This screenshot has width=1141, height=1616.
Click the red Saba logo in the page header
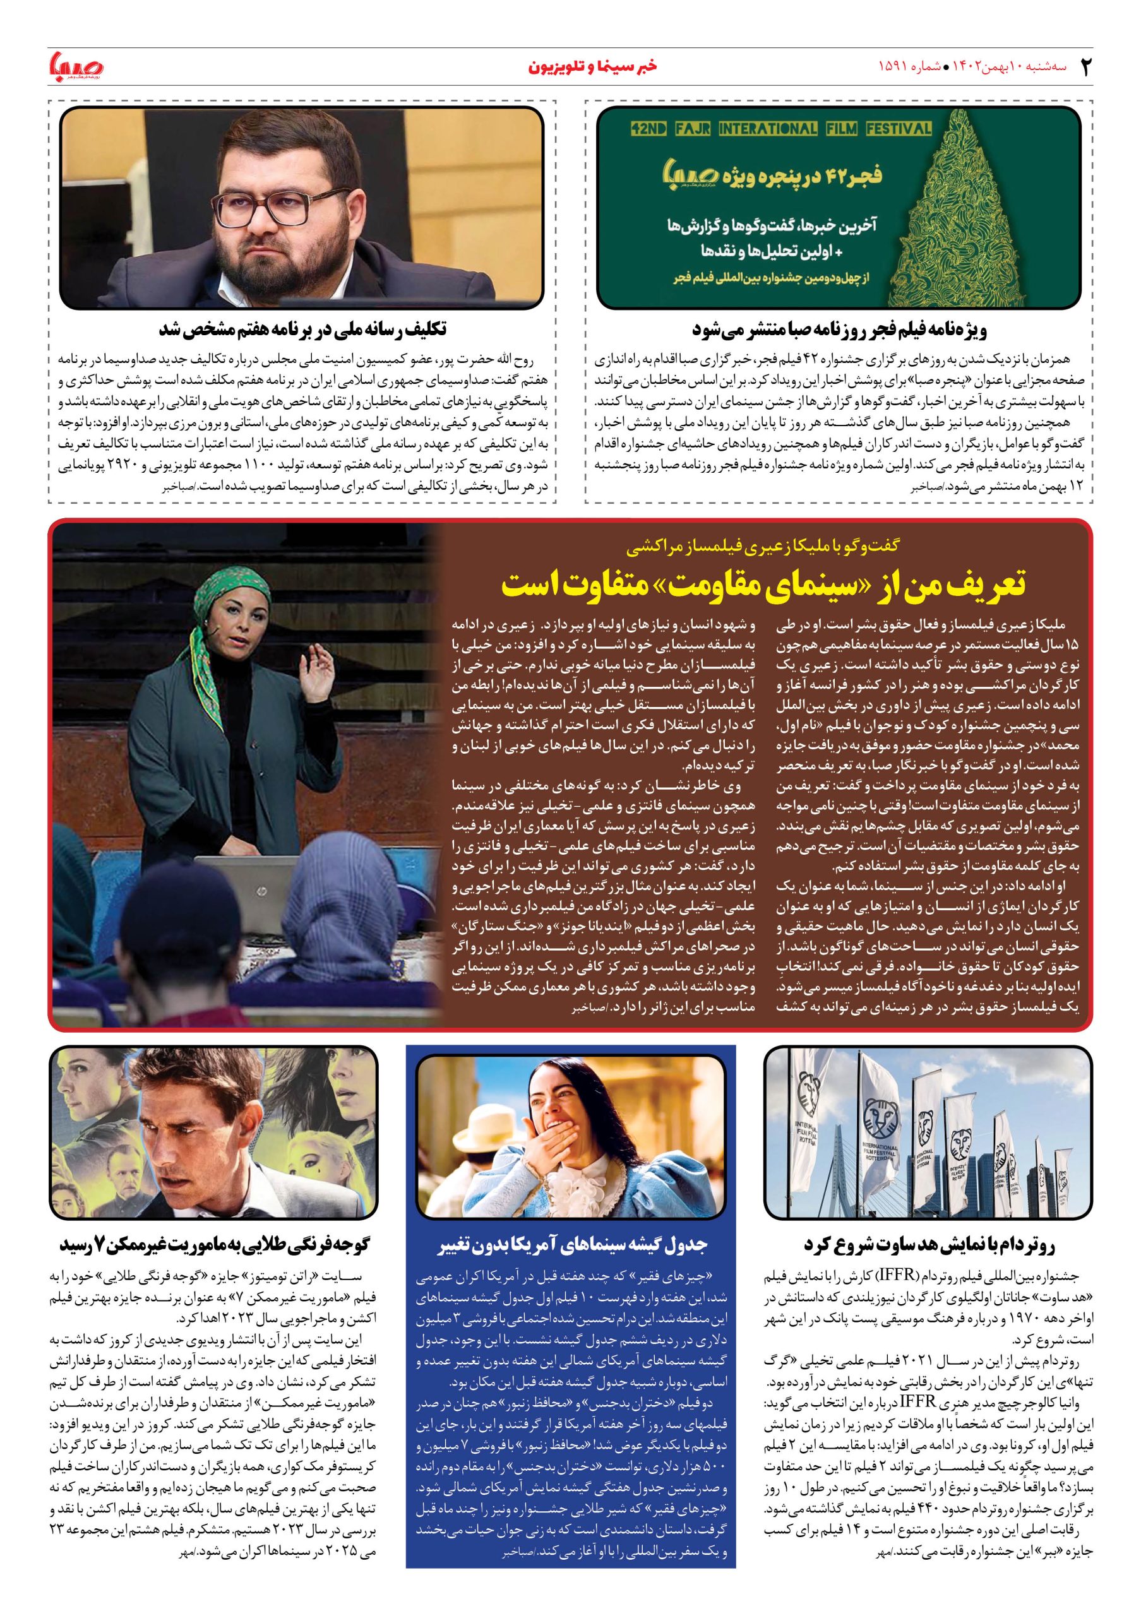tap(76, 67)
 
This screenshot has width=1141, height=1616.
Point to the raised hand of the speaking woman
tap(321, 666)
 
